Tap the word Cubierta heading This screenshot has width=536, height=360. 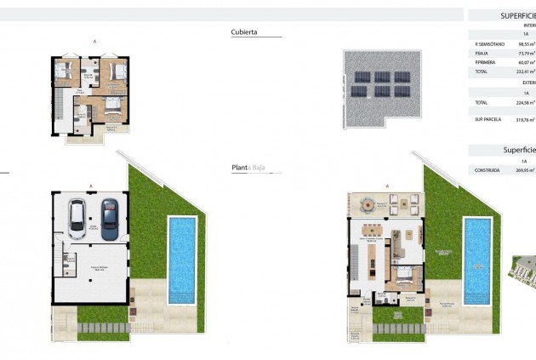coord(243,33)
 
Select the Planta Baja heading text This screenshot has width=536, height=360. coord(248,169)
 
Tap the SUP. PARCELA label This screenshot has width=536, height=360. coord(491,120)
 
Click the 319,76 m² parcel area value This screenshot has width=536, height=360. coord(525,120)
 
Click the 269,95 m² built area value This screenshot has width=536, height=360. coord(525,170)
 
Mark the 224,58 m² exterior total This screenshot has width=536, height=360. coord(525,103)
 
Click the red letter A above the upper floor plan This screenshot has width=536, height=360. coord(93,41)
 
